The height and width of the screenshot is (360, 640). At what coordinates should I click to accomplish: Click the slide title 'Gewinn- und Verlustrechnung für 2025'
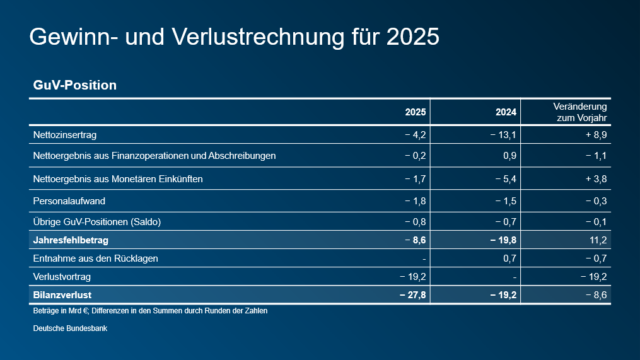point(234,37)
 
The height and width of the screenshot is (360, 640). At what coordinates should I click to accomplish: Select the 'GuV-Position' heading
point(74,85)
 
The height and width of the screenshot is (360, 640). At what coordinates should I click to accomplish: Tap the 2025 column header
point(416,113)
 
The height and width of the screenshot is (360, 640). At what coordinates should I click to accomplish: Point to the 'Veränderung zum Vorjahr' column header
point(580,112)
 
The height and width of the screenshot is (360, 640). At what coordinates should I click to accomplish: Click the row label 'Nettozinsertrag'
point(64,135)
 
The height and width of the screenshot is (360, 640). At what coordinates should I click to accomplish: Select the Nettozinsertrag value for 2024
point(504,135)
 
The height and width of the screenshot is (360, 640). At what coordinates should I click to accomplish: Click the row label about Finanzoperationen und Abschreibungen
point(154,156)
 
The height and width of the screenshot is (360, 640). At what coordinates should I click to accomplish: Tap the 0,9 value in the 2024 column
point(510,156)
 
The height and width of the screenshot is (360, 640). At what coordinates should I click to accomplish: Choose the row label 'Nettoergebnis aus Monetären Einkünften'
point(117,179)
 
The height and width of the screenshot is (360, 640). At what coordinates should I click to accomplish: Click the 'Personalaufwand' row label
point(69,201)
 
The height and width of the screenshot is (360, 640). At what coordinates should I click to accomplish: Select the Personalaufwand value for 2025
point(416,201)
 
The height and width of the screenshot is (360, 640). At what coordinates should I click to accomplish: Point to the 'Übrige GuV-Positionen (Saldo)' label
point(96,222)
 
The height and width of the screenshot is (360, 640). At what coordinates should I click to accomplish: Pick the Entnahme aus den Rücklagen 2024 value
point(510,258)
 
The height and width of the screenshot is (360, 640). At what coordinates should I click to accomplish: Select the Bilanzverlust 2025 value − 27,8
point(413,295)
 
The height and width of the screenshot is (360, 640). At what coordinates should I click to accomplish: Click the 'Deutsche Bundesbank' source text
point(70,328)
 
